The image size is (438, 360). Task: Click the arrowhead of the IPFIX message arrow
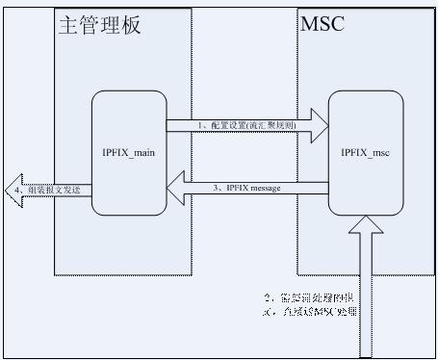[x=178, y=188]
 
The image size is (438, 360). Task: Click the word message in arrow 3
[x=265, y=188]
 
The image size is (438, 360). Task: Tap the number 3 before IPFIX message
[x=216, y=188]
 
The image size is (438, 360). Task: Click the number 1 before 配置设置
[x=199, y=124]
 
